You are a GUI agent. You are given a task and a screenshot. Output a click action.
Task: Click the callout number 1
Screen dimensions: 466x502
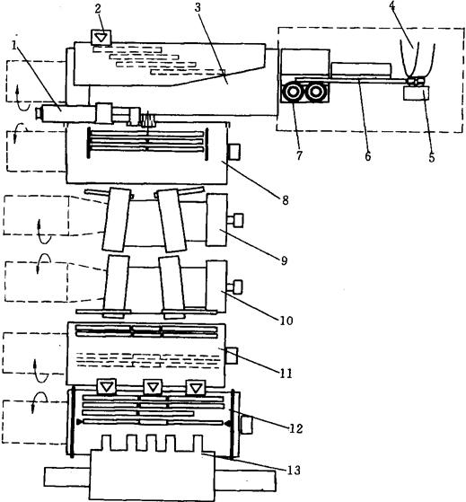[x=14, y=46]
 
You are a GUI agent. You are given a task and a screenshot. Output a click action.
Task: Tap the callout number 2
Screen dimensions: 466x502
[x=98, y=9]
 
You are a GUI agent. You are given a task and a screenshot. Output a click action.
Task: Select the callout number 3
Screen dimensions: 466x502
[x=198, y=8]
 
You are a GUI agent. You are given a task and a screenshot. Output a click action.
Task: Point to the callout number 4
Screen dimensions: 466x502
[x=392, y=5]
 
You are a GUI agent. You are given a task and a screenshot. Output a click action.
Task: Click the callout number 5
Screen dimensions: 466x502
[x=432, y=157]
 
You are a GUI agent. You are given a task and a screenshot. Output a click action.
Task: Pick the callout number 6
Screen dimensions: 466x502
[x=368, y=156]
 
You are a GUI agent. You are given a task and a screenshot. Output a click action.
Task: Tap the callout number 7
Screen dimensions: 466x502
[x=299, y=155]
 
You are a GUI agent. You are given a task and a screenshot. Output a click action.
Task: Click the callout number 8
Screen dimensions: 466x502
[x=286, y=200]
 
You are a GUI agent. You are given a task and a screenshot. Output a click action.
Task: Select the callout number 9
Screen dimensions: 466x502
[x=285, y=260]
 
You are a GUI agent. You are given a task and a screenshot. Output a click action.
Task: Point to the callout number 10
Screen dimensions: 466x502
[x=286, y=321]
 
